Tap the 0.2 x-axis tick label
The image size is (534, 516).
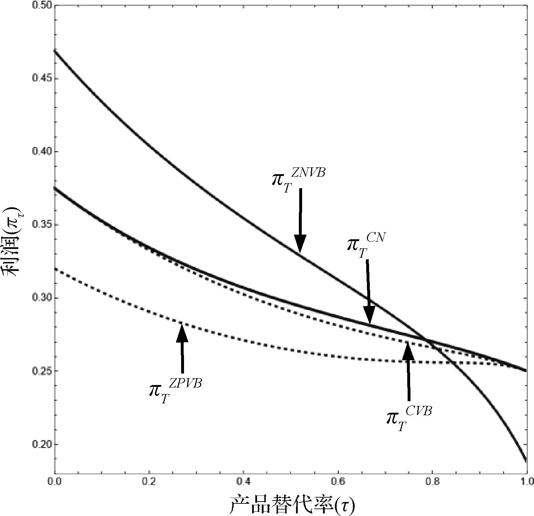(x=149, y=481)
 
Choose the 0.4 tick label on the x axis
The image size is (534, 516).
(x=244, y=481)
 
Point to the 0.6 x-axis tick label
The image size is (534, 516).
(x=338, y=481)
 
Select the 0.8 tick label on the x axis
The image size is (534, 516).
(x=432, y=481)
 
